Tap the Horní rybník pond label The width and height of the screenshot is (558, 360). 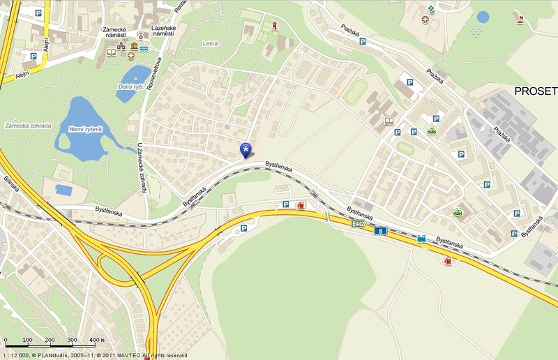click(85, 129)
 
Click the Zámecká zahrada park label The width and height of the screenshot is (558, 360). click(28, 126)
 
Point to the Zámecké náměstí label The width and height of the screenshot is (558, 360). click(123, 31)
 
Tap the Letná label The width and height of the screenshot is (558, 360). click(210, 43)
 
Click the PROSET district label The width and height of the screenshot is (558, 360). click(535, 91)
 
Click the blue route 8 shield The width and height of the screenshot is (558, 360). click(379, 231)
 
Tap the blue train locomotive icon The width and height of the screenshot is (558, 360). click(422, 239)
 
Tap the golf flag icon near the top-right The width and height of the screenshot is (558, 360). click(520, 17)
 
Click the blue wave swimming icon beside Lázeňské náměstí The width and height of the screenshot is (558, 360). click(144, 50)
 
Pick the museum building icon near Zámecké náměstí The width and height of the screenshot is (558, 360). click(123, 46)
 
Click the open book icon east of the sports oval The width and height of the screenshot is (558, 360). click(390, 121)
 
